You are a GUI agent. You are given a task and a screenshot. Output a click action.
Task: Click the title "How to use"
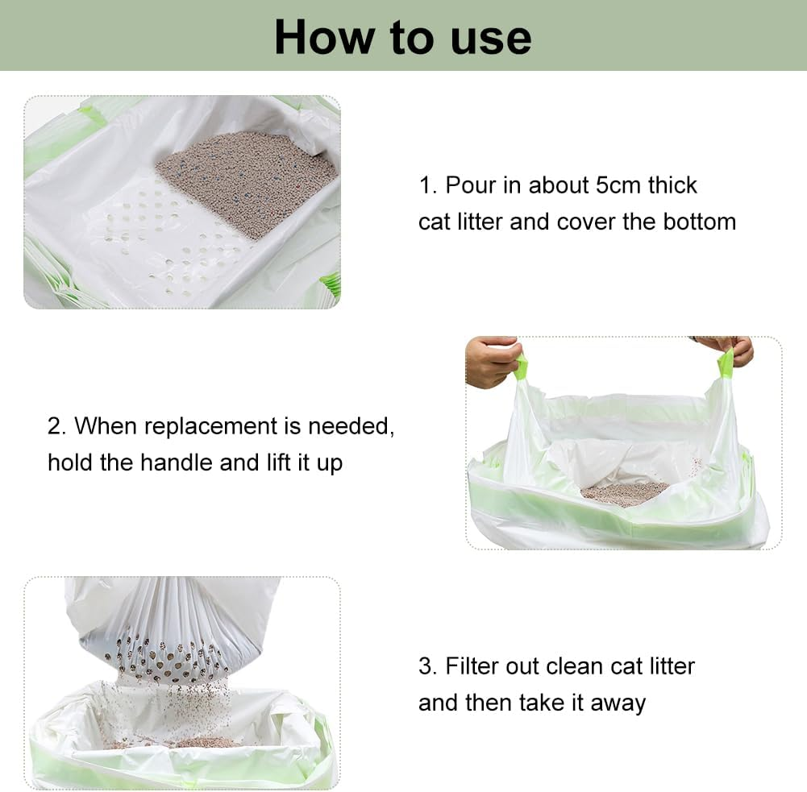coord(402,37)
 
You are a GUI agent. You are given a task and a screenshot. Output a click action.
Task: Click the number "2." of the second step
coord(57,425)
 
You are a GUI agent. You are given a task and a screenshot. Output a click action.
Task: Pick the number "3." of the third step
coord(428,666)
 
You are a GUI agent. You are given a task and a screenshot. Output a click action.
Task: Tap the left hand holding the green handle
coord(491,362)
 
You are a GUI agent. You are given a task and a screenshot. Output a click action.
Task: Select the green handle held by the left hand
coord(521,368)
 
